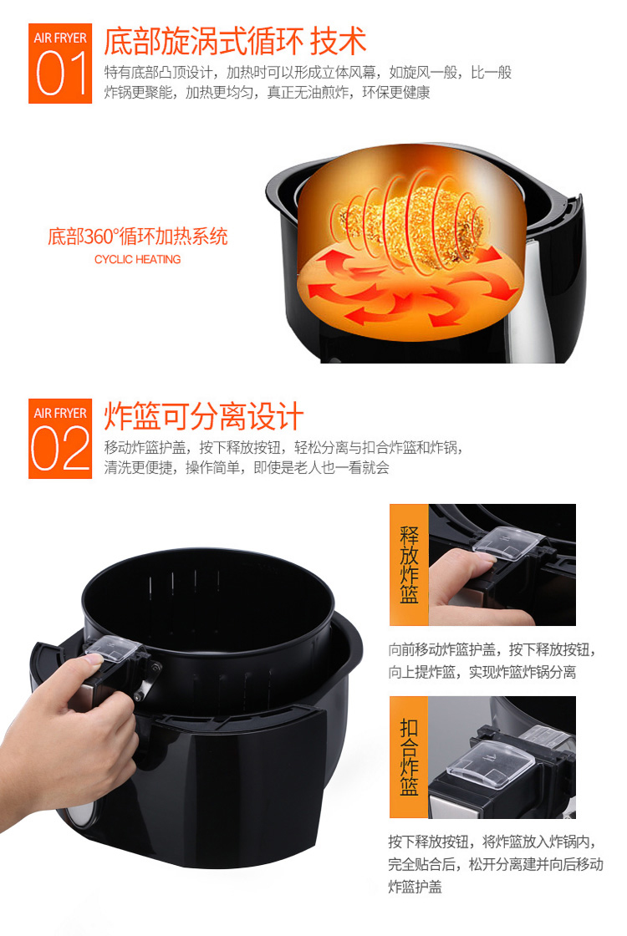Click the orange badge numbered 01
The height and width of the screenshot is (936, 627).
point(60,64)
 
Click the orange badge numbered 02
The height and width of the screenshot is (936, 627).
point(60,438)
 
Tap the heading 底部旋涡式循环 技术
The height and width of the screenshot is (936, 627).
point(235,41)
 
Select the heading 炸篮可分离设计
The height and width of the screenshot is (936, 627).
point(204,416)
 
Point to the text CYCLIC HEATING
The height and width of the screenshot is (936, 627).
point(137,260)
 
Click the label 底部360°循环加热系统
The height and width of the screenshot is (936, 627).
point(138,237)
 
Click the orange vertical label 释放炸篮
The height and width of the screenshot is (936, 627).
point(409,564)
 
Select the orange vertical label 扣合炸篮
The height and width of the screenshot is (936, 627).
point(409,757)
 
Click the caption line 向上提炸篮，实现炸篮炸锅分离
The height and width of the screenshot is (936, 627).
point(482,672)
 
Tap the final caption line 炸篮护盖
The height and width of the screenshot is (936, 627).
point(415,887)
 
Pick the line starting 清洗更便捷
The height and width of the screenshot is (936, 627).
point(247,467)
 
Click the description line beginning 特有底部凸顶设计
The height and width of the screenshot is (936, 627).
point(308,72)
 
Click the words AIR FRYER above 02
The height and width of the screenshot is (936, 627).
point(60,413)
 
